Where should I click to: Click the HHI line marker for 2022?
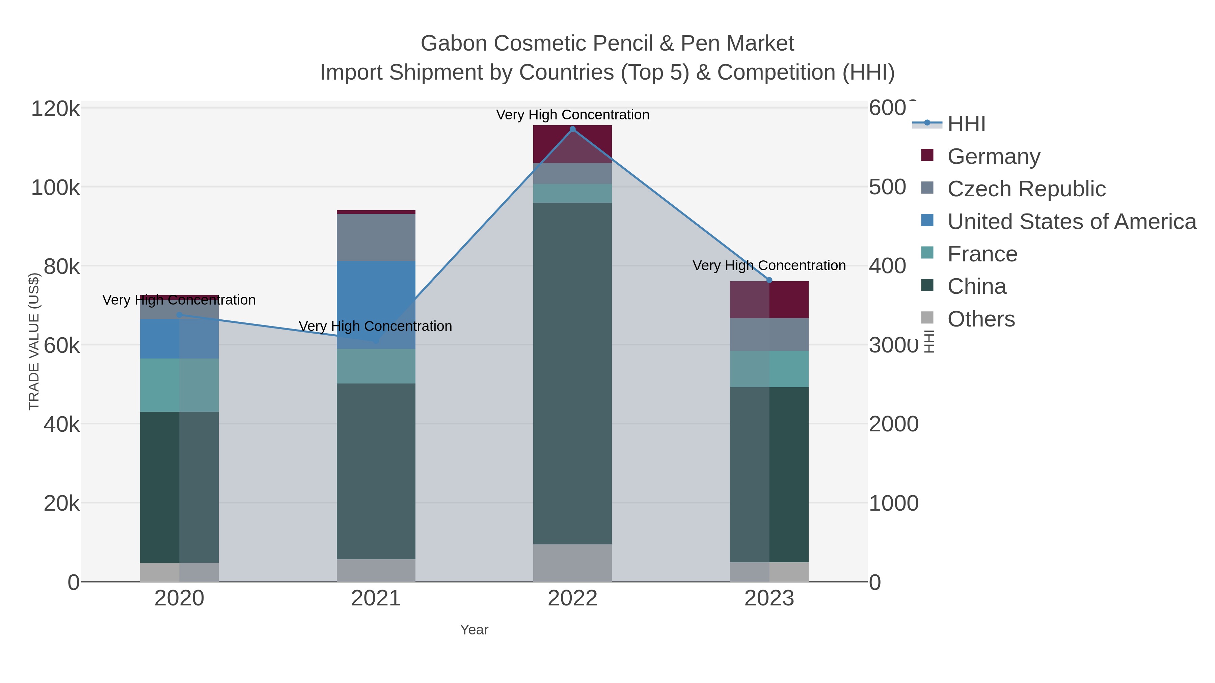(573, 129)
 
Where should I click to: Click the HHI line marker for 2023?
(769, 281)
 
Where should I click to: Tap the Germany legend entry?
(993, 156)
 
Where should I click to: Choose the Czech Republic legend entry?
(1026, 189)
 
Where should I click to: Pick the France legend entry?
(982, 254)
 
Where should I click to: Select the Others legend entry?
(980, 319)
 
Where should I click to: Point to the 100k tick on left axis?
(56, 188)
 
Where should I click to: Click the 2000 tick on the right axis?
(893, 424)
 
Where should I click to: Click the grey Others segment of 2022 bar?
(573, 563)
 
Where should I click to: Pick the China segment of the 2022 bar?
(573, 372)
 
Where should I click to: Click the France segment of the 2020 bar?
(179, 385)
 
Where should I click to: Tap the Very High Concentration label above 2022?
(573, 115)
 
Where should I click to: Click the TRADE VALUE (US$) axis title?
(34, 341)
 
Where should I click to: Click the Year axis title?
(474, 630)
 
